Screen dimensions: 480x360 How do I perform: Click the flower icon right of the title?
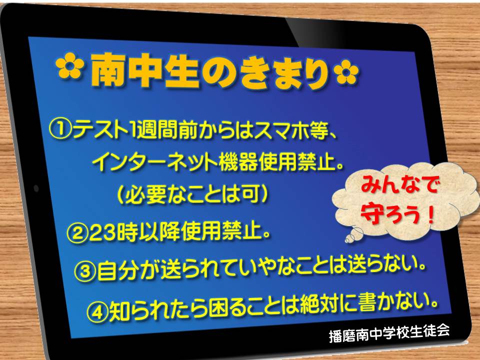pos(346,71)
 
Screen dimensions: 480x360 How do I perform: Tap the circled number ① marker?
pos(60,129)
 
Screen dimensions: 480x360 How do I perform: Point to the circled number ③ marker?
pos(85,272)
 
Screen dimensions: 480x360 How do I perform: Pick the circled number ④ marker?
pos(97,312)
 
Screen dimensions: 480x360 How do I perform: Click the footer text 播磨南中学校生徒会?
pos(389,332)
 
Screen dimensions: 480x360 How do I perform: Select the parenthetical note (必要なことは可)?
pos(192,195)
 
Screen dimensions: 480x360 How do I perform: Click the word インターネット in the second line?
pos(155,162)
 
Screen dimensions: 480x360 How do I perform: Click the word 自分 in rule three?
pos(116,271)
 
